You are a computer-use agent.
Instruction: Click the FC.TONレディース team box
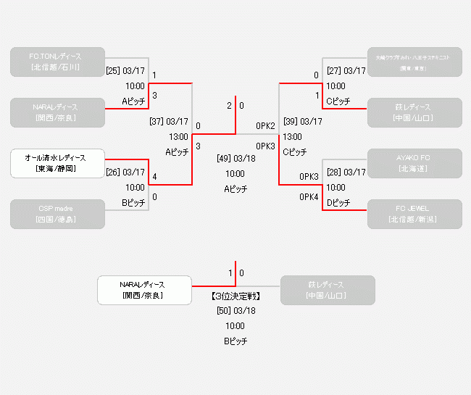(x=58, y=62)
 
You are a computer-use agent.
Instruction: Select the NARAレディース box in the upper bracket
(x=58, y=112)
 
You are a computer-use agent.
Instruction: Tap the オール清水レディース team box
(x=58, y=163)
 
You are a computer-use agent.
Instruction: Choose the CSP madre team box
(x=58, y=214)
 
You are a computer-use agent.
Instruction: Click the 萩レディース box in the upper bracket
(x=414, y=112)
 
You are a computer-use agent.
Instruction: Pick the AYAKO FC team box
(x=414, y=163)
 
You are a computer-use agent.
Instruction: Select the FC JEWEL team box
(x=414, y=214)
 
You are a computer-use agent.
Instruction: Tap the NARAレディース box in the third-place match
(x=145, y=290)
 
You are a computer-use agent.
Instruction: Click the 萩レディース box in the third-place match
(x=328, y=290)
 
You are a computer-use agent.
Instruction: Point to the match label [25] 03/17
(x=125, y=71)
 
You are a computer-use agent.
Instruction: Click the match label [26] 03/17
(x=125, y=172)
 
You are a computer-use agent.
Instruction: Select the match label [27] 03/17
(x=346, y=71)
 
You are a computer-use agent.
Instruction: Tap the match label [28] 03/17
(x=346, y=172)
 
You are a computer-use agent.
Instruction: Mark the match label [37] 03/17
(x=168, y=122)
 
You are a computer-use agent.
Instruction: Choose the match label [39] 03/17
(x=303, y=122)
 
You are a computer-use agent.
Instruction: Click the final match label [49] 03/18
(x=236, y=158)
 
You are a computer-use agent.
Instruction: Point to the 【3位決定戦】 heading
(x=236, y=296)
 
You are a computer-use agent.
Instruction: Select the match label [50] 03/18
(x=236, y=311)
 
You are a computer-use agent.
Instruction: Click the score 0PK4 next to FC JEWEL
(x=309, y=197)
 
